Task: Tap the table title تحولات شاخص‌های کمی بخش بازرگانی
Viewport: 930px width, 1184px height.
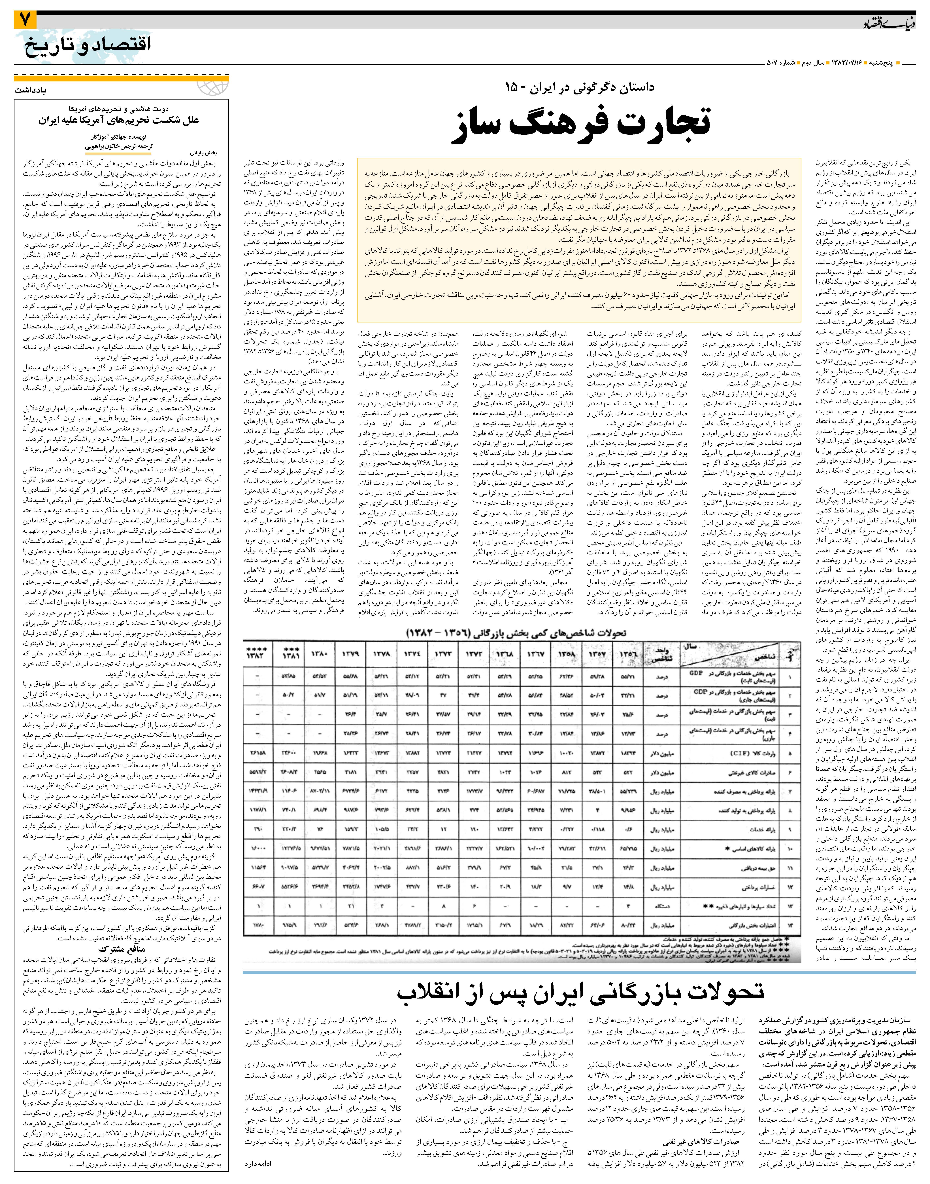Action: [516, 633]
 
